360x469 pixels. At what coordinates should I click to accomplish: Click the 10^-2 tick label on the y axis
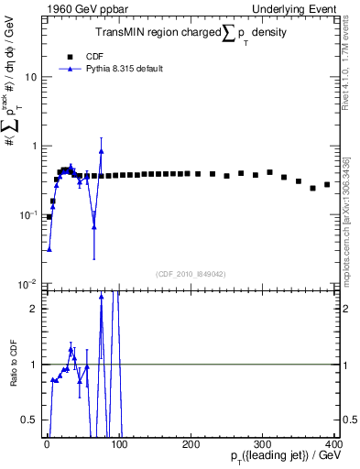point(27,284)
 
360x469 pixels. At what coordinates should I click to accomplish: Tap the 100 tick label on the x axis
point(117,444)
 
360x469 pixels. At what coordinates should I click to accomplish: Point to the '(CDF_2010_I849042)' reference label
point(190,274)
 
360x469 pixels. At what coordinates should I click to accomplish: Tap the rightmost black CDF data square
point(327,184)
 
